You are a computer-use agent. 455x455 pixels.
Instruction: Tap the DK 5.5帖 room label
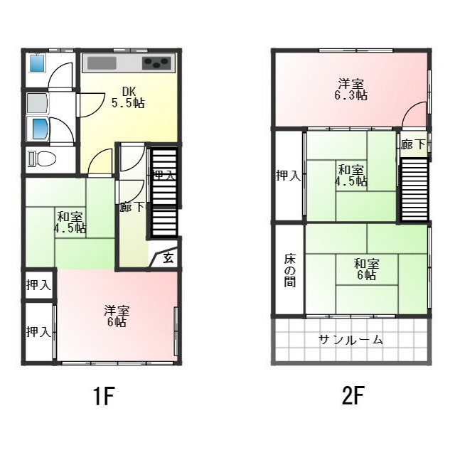(128, 97)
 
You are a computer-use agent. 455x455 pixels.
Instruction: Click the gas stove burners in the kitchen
(158, 63)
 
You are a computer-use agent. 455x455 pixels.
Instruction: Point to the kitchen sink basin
(102, 63)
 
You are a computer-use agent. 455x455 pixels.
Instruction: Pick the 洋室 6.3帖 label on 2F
(352, 88)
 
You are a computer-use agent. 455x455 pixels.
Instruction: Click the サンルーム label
(351, 340)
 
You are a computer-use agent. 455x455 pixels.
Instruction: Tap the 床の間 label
(289, 269)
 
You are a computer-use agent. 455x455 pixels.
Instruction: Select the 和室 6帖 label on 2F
(366, 269)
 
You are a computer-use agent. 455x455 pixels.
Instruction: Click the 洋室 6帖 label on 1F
(116, 316)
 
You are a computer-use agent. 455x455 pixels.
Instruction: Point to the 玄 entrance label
(168, 258)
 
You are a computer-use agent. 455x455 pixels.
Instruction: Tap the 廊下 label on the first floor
(132, 208)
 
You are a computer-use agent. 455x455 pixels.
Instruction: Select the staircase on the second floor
(414, 191)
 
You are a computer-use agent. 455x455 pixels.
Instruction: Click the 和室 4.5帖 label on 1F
(70, 223)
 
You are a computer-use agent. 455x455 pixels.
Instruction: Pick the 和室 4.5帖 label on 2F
(351, 175)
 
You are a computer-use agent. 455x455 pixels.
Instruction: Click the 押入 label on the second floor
(288, 175)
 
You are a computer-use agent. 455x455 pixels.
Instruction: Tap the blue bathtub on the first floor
(38, 129)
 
